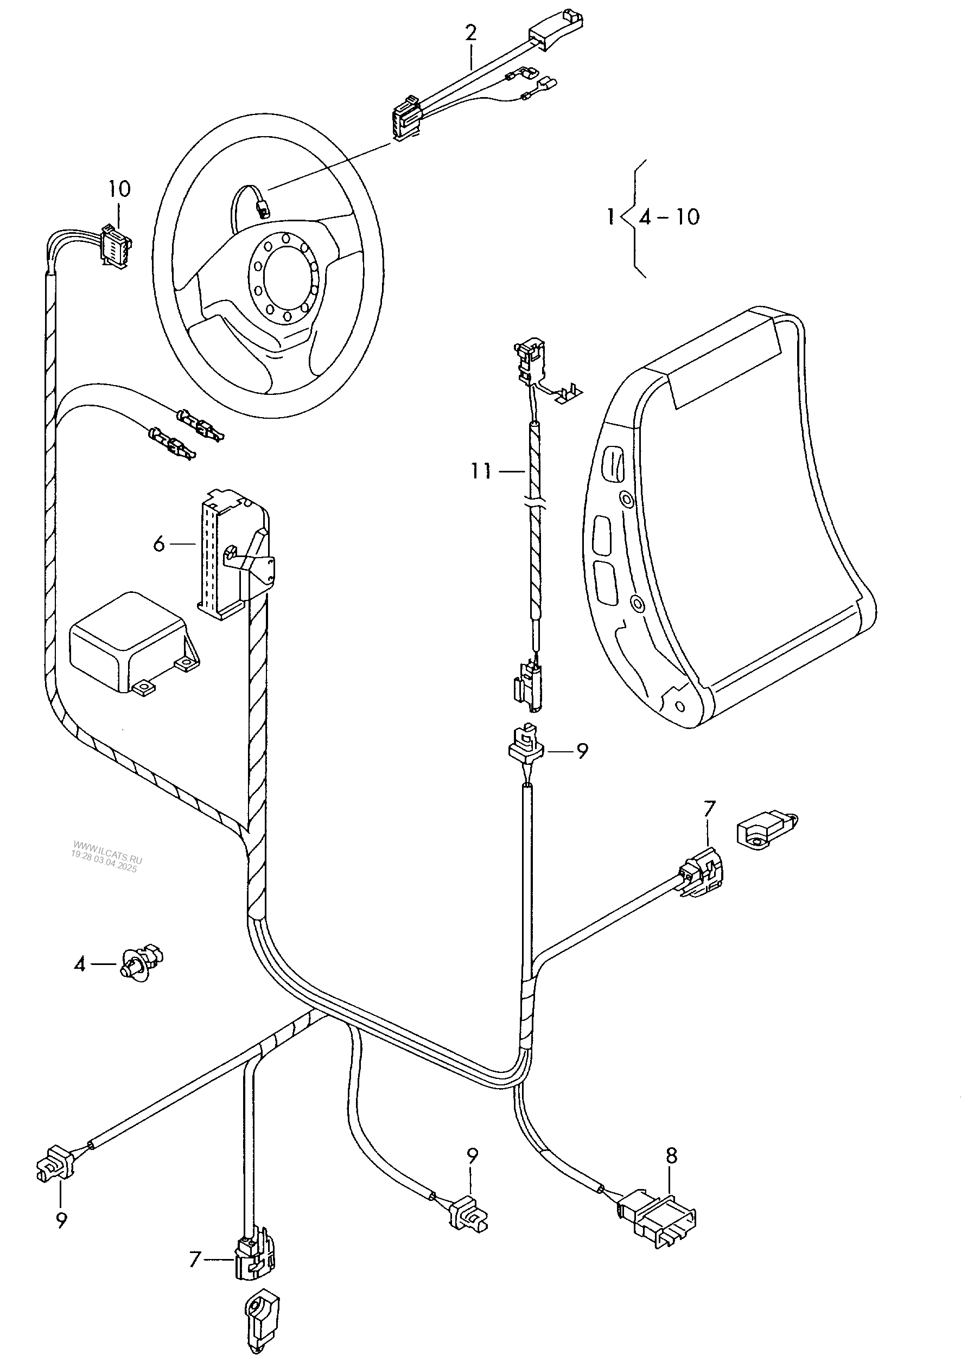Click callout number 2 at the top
(x=470, y=33)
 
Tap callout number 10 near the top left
(x=119, y=189)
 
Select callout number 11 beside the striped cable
(x=481, y=471)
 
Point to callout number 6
(x=158, y=544)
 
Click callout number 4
(x=80, y=964)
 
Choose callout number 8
(x=671, y=1156)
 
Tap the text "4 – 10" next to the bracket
(x=669, y=218)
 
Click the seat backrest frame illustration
(x=728, y=515)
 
